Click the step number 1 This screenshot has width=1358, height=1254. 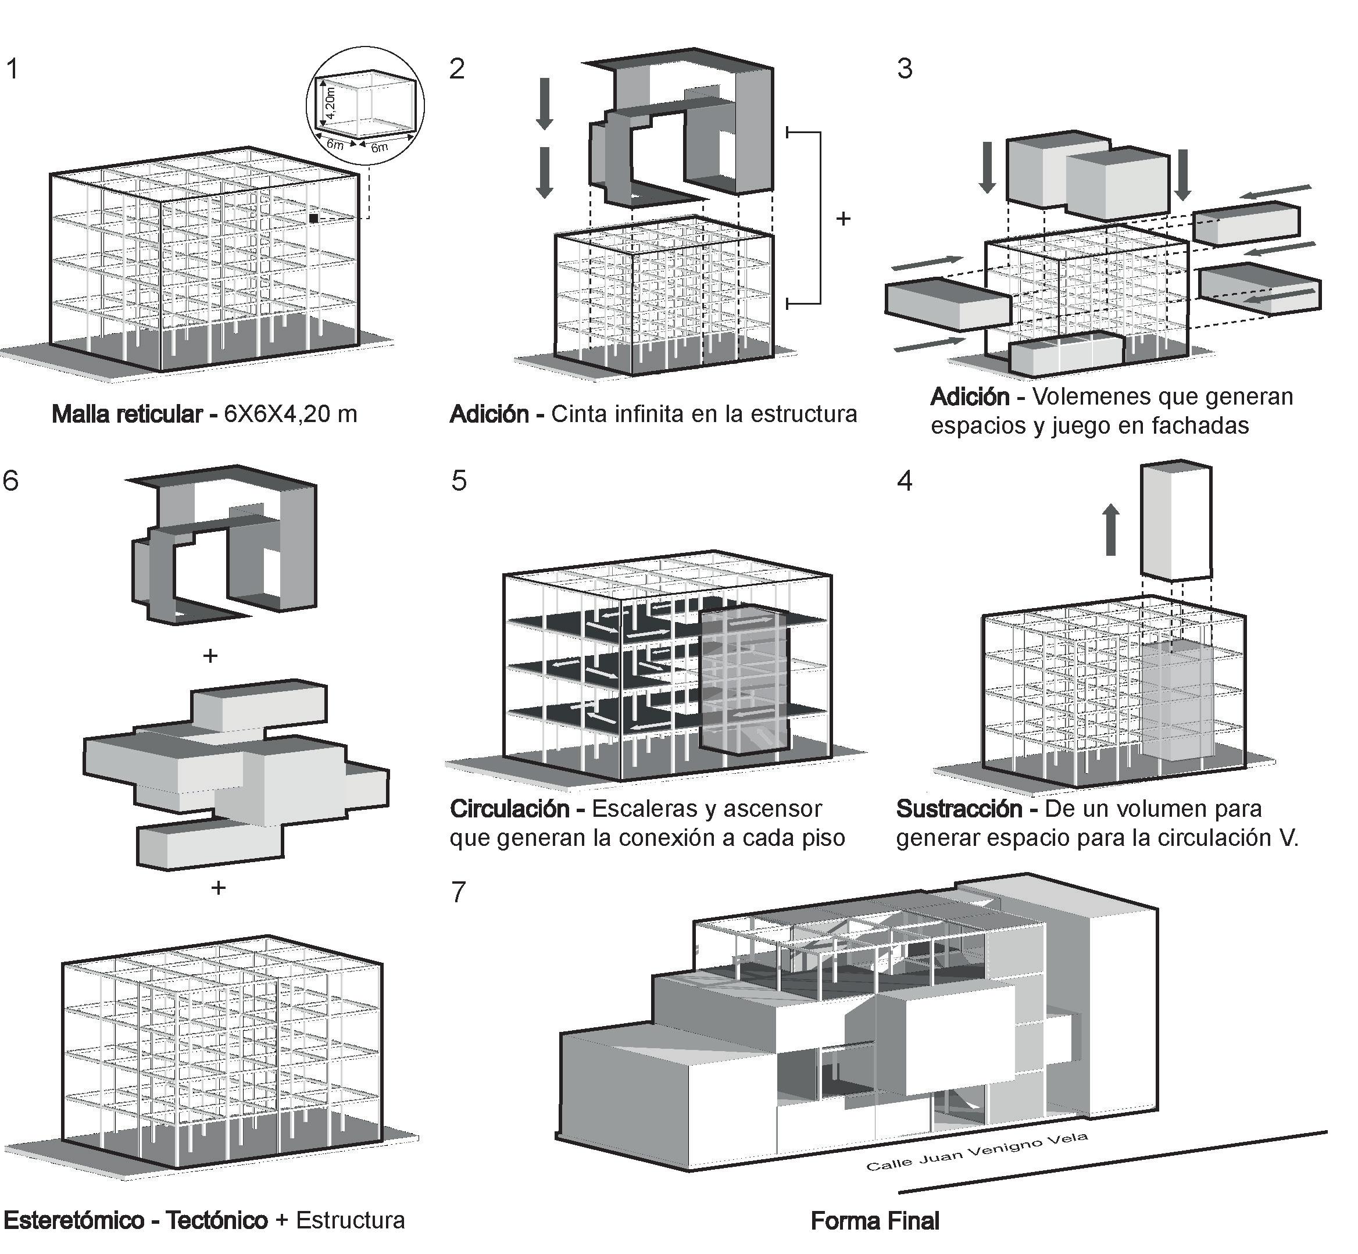pyautogui.click(x=12, y=69)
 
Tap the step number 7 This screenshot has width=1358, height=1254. pyautogui.click(x=459, y=892)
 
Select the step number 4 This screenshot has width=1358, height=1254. pyautogui.click(x=905, y=480)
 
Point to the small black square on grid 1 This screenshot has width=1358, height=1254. pyautogui.click(x=313, y=218)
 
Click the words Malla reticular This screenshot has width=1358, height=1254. pyautogui.click(x=126, y=414)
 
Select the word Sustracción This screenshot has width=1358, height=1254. pyautogui.click(x=959, y=809)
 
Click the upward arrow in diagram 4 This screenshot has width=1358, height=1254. pyautogui.click(x=1111, y=529)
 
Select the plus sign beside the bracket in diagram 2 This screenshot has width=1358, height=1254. pyautogui.click(x=843, y=219)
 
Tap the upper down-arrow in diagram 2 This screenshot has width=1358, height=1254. pyautogui.click(x=544, y=103)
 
